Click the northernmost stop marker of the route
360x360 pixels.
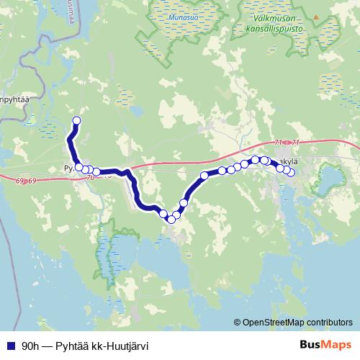point(77,120)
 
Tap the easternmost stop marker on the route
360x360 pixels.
point(291,172)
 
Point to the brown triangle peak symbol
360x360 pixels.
point(315,16)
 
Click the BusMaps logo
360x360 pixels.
point(325,344)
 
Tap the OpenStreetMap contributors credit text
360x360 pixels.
point(297,322)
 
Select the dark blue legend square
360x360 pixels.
point(10,345)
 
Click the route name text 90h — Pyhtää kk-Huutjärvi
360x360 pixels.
point(85,345)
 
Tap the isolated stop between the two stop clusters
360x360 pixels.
point(204,175)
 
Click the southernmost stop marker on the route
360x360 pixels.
point(171,219)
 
